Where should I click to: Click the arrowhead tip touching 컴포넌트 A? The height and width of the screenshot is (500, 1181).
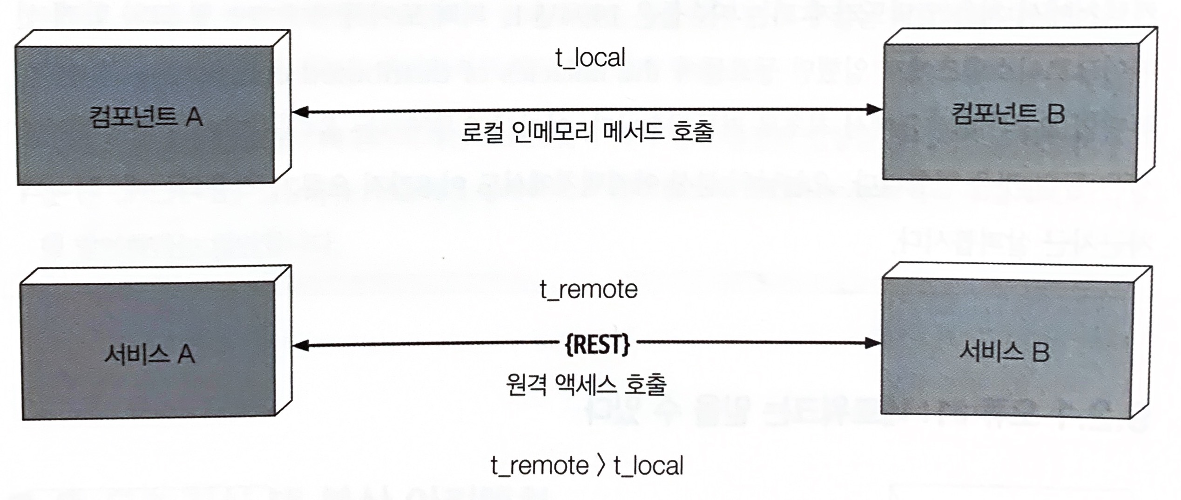click(x=292, y=112)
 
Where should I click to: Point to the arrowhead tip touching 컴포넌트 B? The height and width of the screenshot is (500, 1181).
click(x=882, y=110)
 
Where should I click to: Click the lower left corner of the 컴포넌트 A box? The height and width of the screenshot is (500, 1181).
click(x=18, y=185)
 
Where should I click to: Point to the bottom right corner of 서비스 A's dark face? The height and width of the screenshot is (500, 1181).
click(x=276, y=416)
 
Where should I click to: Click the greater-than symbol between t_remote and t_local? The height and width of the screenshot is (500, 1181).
click(x=601, y=466)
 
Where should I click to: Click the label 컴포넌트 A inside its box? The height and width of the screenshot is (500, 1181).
click(x=146, y=116)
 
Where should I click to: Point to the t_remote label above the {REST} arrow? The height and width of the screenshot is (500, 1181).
click(x=588, y=290)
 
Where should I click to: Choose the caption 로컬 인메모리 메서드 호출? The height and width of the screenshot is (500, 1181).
click(x=587, y=132)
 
